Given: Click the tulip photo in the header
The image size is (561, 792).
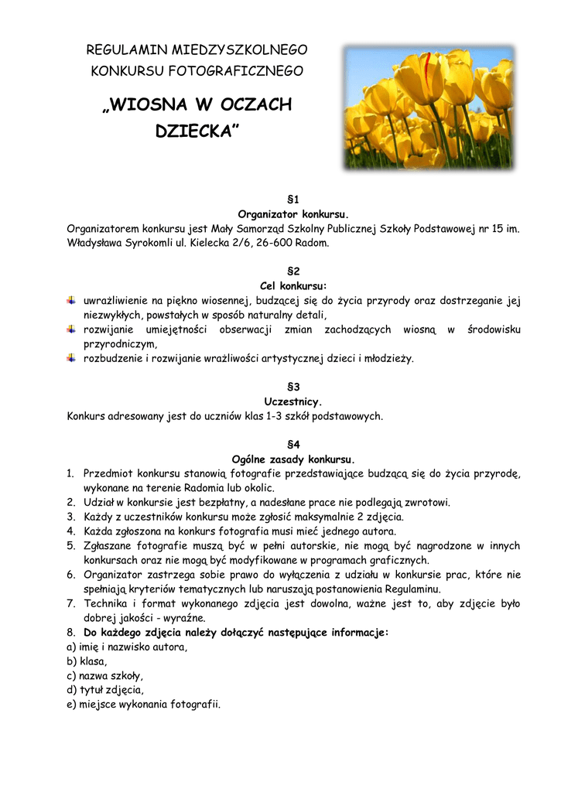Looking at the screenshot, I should [x=428, y=108].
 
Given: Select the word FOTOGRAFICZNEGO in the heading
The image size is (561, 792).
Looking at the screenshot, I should [x=244, y=71].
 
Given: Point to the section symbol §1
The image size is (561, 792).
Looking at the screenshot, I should [x=292, y=200].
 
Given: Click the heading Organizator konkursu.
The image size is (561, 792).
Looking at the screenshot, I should [x=292, y=213].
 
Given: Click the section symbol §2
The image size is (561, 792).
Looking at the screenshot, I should [x=292, y=271].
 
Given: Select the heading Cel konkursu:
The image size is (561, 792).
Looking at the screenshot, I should [x=292, y=285].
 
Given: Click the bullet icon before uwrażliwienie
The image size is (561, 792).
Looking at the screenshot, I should [x=71, y=300].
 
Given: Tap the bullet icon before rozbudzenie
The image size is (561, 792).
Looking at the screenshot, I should [x=71, y=358].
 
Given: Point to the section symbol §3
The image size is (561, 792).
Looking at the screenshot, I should [x=292, y=387].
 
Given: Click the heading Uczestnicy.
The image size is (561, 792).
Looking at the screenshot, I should [x=292, y=401].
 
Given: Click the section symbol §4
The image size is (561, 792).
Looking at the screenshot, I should [x=292, y=445].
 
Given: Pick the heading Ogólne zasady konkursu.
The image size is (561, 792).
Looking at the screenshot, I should [x=292, y=459].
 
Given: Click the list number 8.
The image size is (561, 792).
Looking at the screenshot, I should [x=70, y=633].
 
